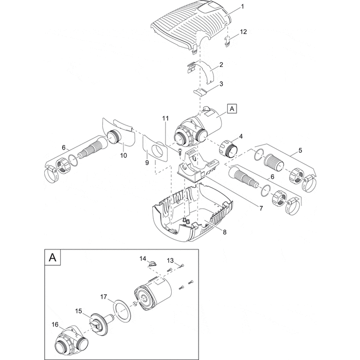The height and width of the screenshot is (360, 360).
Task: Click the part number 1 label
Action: click(243, 7)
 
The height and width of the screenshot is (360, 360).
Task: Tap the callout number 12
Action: click(244, 32)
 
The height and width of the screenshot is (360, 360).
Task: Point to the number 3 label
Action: click(221, 83)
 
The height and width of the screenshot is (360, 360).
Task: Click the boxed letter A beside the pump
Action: click(232, 109)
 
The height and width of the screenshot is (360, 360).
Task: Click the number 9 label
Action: click(147, 163)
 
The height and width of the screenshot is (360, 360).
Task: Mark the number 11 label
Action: click(165, 119)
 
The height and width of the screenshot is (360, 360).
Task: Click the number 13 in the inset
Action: click(170, 261)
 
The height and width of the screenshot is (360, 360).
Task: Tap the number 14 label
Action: click(143, 259)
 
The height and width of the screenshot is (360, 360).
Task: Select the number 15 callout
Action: click(79, 311)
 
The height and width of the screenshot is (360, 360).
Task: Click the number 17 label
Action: click(104, 297)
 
